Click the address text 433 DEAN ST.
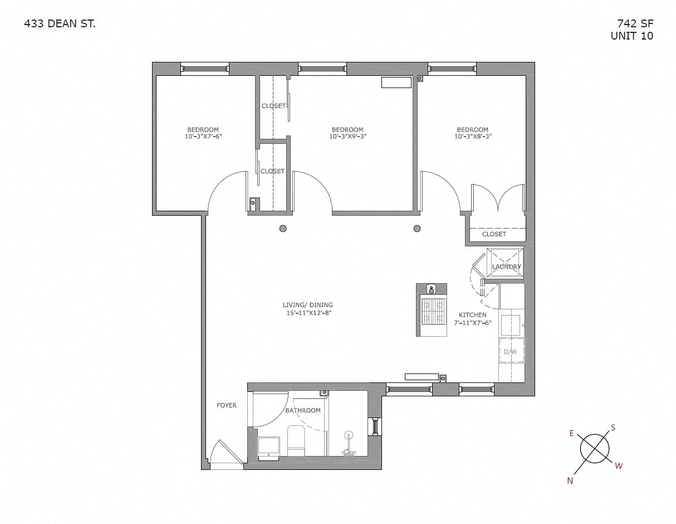(60, 23)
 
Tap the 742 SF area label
(635, 23)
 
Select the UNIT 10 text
(631, 36)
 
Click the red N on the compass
(570, 481)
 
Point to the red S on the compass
(613, 428)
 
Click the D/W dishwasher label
(510, 352)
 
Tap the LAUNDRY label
(506, 266)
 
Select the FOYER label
(227, 405)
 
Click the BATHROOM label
(303, 410)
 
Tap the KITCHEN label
(472, 315)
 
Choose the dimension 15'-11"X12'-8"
(307, 313)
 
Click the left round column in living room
(283, 228)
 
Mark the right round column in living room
(417, 228)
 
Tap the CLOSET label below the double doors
(494, 234)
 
